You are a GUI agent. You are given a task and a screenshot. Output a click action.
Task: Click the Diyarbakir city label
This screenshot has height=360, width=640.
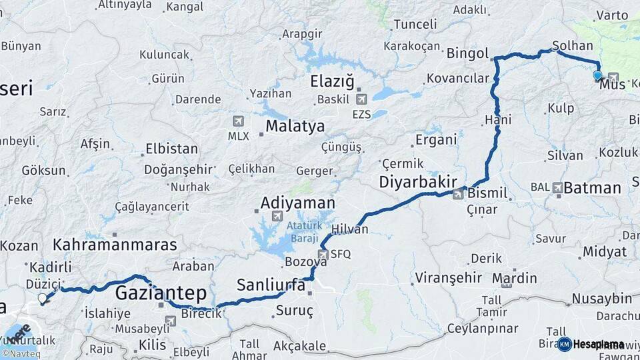click(x=417, y=181)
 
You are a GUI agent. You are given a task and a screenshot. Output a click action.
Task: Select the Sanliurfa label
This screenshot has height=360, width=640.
click(x=271, y=285)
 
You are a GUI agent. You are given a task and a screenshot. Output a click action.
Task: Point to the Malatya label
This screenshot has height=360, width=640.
click(x=295, y=126)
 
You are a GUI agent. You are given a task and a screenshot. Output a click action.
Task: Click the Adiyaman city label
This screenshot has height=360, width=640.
click(x=297, y=202)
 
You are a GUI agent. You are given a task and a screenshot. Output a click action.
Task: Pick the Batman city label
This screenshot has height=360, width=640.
click(x=592, y=187)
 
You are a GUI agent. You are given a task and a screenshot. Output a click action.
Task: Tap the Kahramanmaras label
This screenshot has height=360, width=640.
click(x=115, y=244)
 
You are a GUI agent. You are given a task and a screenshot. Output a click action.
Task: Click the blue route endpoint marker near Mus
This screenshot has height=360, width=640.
click(x=597, y=76)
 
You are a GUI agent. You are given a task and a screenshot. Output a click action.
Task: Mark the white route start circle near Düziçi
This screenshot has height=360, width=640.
click(x=43, y=299)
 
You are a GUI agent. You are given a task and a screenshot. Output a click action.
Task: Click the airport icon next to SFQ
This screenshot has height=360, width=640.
click(x=323, y=254)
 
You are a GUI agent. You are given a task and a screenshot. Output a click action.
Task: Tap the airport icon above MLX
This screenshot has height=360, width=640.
click(x=238, y=121)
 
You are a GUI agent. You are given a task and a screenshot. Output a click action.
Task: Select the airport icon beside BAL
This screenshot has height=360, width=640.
click(x=557, y=188)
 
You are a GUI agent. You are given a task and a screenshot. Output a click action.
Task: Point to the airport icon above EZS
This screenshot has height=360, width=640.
click(x=361, y=100)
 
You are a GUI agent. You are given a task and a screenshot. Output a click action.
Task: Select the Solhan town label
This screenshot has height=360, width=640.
click(x=572, y=46)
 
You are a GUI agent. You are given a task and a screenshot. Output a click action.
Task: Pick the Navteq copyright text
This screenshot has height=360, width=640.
click(x=20, y=354)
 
